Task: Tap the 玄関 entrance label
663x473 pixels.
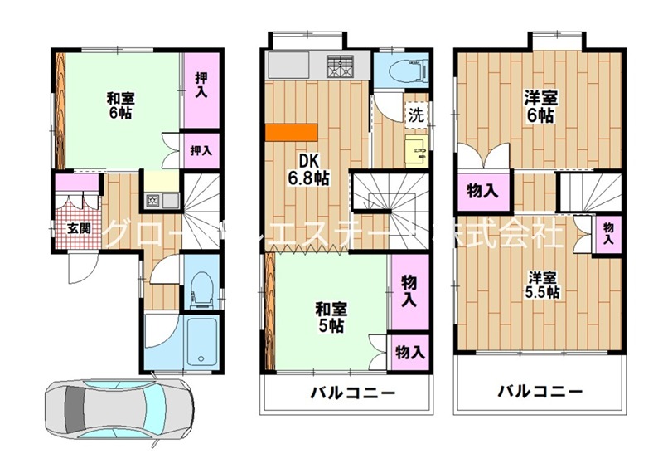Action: pyautogui.click(x=79, y=228)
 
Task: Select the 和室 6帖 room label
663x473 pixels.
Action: pyautogui.click(x=120, y=105)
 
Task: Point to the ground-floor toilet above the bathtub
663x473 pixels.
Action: pyautogui.click(x=200, y=289)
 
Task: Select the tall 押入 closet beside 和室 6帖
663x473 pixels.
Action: pyautogui.click(x=201, y=84)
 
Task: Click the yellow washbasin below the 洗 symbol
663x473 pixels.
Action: pyautogui.click(x=414, y=150)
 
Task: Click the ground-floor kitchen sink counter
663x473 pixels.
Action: pyautogui.click(x=161, y=200)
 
